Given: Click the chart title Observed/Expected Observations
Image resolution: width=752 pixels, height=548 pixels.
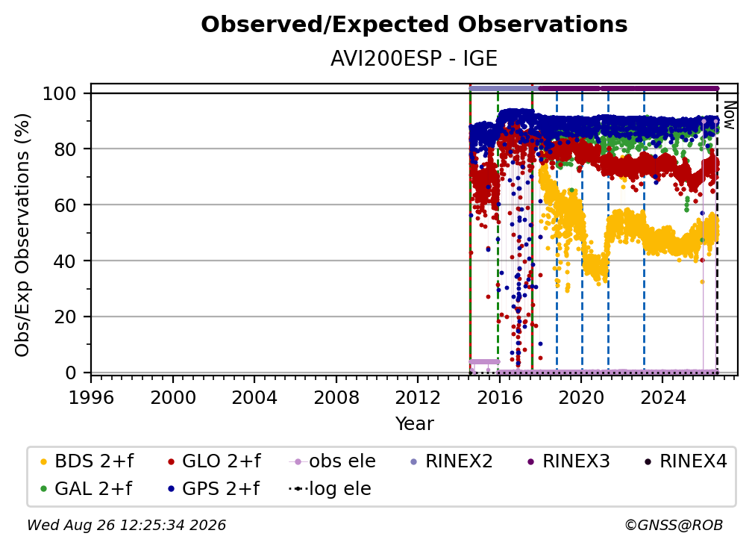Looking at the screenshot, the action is coord(414,25).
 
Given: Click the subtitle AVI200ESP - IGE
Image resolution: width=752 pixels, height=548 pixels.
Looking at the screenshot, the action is coord(414,59).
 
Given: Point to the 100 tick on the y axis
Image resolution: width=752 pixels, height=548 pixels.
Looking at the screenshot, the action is coord(60,93).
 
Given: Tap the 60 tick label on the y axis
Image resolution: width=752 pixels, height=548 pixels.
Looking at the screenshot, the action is coord(65,205).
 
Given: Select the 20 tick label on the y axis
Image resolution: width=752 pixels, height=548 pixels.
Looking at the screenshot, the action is coord(65,317).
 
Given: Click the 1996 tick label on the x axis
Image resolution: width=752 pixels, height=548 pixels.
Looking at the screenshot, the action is coord(91,398).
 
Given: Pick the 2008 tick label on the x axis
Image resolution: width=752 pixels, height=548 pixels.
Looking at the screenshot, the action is coord(336,398).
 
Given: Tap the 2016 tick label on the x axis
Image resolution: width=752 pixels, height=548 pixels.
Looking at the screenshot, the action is coord(499,398).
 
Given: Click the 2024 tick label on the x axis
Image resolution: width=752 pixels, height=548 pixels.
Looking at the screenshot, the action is coord(662,398).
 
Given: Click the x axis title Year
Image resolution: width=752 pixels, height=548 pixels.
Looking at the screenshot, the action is coord(414,424).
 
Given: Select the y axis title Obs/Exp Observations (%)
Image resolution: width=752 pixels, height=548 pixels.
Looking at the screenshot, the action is coord(22,235).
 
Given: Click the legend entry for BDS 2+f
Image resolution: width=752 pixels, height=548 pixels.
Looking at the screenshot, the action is coord(87,461).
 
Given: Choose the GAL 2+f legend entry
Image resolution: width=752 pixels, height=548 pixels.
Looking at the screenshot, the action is coord(87,489).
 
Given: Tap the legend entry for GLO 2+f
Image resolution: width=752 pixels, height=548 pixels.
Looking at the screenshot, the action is coord(214,461).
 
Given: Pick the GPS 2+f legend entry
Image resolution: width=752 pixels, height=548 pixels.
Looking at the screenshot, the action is coord(213,489).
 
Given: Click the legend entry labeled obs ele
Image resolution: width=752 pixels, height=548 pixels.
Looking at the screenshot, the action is coord(333,461).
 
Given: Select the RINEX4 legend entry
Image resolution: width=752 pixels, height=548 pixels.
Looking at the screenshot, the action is coord(686,461).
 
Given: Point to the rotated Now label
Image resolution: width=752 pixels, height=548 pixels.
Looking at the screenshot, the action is coord(729,115).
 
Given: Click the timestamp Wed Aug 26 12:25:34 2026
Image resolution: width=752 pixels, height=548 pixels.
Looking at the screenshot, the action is coord(127,525).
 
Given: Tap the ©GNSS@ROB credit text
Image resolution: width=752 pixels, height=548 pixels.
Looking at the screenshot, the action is coord(674,525).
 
